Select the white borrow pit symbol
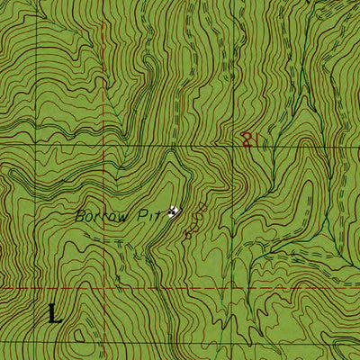[175, 211]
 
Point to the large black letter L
[55, 313]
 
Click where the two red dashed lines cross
[102, 288]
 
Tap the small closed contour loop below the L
[83, 337]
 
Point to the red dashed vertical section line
[102, 90]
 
